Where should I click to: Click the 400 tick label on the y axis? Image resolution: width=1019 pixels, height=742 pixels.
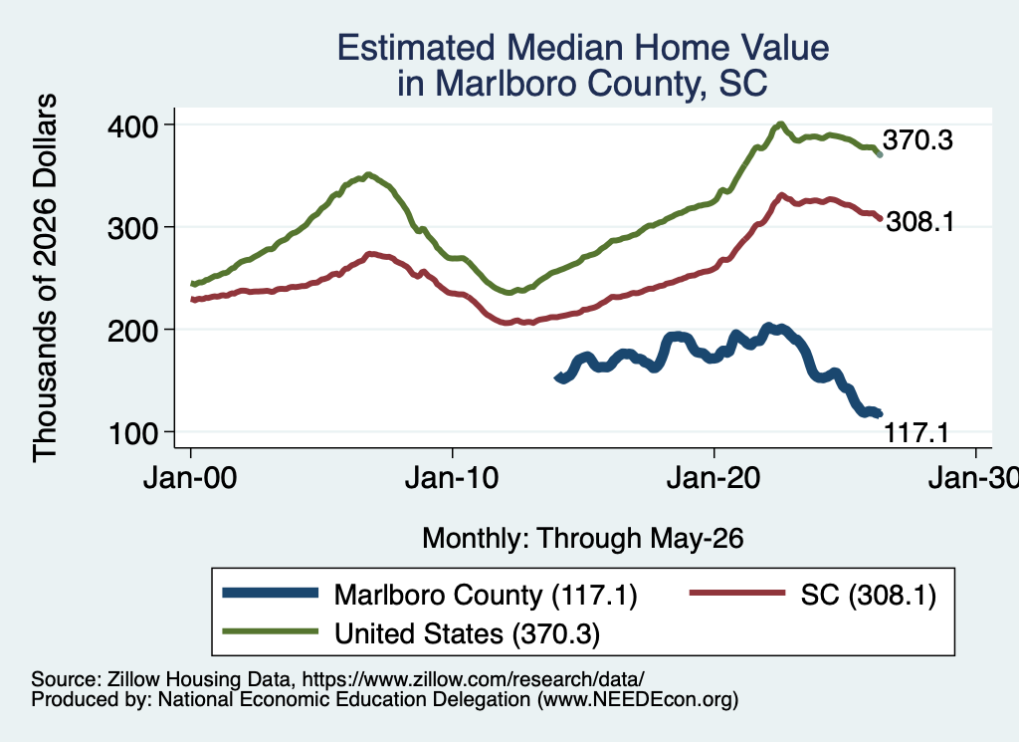coord(132,126)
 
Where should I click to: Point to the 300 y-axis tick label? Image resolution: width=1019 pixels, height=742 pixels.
coord(132,228)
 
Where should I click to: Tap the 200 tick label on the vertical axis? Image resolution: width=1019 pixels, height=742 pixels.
coord(132,331)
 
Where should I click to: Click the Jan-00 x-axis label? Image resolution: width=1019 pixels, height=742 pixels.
coord(190,478)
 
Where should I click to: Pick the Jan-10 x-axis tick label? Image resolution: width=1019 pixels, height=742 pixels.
coord(452,478)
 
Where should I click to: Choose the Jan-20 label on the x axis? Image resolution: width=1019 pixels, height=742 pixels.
coord(713,478)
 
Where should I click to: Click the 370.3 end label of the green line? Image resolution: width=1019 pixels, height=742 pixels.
coord(917,139)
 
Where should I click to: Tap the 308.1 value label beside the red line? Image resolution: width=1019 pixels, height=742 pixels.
coord(920,222)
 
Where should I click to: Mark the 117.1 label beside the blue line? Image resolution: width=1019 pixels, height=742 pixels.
coord(917,432)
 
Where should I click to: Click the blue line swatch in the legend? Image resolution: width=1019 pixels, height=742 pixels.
coord(271,593)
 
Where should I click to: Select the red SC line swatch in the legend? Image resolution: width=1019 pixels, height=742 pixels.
coord(737,593)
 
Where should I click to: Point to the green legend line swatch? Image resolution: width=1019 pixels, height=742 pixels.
coord(271,631)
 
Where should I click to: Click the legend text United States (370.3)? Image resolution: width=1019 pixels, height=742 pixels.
coord(468,633)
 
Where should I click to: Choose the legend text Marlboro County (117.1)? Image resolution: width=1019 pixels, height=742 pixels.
coord(486,595)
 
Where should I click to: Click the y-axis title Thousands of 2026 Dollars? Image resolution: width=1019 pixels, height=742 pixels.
coord(45,278)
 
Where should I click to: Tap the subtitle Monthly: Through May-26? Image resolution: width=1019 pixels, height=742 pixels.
coord(583,539)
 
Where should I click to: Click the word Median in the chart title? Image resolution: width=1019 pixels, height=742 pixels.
coord(565,48)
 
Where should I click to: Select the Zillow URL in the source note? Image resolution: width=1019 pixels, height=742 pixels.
coord(473,679)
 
